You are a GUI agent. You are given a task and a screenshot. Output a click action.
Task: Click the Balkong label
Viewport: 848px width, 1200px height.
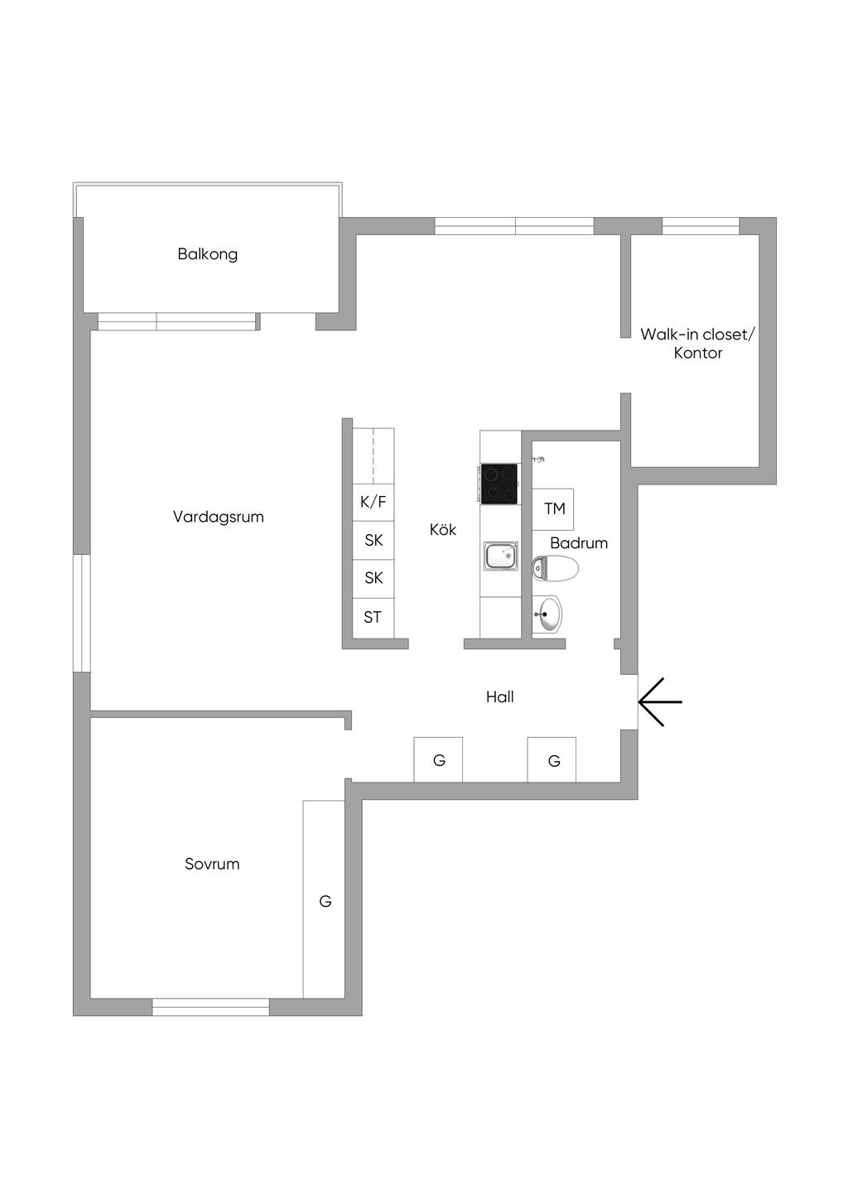(207, 254)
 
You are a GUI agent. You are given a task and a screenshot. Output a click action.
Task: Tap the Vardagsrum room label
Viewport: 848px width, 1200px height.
(218, 518)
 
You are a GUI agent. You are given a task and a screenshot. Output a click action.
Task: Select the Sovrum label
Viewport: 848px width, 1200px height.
(212, 864)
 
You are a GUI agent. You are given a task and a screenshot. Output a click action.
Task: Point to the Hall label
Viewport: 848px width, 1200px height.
(500, 697)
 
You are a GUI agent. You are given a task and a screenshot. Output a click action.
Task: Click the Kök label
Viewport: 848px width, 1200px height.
(442, 530)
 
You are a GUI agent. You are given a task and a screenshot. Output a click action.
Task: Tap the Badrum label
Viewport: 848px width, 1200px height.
(579, 543)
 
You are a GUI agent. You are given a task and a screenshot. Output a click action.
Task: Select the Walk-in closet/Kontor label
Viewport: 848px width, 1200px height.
(697, 344)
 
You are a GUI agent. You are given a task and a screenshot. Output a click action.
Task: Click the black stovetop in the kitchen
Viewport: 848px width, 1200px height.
(499, 484)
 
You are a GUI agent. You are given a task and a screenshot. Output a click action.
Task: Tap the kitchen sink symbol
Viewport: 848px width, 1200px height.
(501, 555)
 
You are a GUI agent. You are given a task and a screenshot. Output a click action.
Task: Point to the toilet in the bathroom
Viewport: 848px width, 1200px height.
(555, 568)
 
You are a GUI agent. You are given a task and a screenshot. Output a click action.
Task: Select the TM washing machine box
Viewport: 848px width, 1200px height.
(553, 509)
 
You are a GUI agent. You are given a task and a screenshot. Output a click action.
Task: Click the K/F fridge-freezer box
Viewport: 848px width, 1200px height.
(373, 503)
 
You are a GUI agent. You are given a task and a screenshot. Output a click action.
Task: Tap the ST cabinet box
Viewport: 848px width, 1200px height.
(373, 618)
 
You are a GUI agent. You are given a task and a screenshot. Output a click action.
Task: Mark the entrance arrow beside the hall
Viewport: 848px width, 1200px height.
(660, 701)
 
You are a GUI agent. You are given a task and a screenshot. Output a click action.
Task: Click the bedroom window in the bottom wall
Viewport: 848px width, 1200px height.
(210, 1007)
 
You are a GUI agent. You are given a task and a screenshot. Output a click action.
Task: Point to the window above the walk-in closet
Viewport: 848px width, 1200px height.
(701, 226)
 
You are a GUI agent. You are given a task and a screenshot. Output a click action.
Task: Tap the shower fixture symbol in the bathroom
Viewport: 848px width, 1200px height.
(539, 459)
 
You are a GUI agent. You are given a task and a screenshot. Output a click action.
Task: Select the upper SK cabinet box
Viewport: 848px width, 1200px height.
(373, 541)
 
